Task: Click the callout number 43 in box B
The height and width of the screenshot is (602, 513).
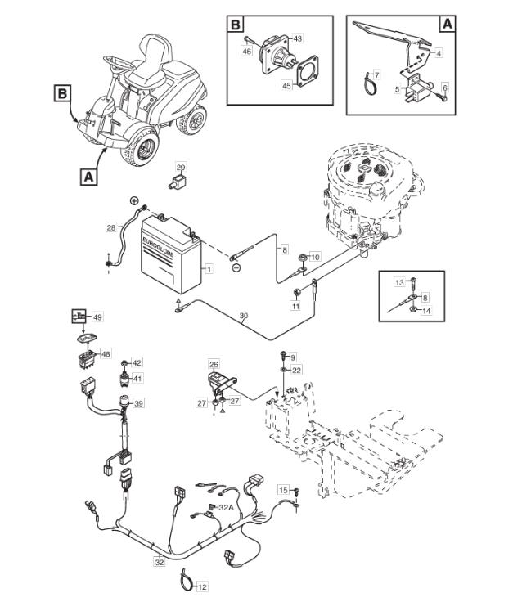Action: click(298, 38)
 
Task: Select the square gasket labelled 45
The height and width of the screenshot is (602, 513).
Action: click(308, 69)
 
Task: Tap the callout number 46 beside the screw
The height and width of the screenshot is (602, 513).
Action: click(248, 50)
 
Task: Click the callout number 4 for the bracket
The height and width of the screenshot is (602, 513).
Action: click(439, 53)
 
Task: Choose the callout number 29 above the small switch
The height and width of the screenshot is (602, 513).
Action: click(181, 167)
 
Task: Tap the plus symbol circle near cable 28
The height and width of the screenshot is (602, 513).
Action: click(134, 200)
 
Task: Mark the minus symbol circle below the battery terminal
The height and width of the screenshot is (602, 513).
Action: click(236, 267)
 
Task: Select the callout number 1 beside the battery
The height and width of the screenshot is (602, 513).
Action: click(209, 270)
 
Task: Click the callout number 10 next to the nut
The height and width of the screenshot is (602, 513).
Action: click(315, 257)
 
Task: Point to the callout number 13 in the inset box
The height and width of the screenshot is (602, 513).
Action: click(400, 282)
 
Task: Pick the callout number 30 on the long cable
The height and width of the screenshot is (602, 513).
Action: click(244, 316)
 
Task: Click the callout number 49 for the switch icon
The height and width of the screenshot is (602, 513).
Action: click(98, 317)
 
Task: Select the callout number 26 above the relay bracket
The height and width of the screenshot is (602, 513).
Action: click(214, 364)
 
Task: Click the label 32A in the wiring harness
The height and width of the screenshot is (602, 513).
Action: click(226, 507)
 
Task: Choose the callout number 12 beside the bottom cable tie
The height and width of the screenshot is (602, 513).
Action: click(202, 587)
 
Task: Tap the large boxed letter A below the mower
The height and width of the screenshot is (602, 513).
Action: click(88, 177)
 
